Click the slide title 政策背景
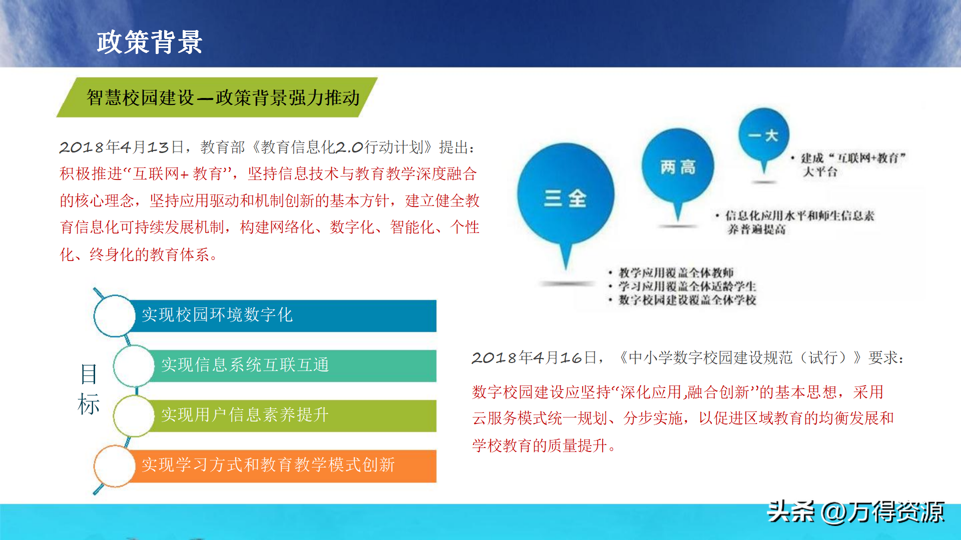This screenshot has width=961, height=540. click(149, 42)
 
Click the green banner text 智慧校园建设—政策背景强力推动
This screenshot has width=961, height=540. click(223, 97)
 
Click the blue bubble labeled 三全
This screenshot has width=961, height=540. click(566, 197)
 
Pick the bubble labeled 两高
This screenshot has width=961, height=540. click(678, 167)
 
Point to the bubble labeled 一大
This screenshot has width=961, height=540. click(764, 136)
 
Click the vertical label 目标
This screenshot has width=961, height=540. click(89, 389)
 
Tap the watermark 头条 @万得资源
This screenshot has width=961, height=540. click(856, 512)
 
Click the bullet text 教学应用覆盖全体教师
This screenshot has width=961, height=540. click(676, 272)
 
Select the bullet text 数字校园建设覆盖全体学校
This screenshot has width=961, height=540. click(687, 299)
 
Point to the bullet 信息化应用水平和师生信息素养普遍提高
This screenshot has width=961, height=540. click(800, 222)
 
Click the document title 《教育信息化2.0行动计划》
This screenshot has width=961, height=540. click(342, 147)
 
